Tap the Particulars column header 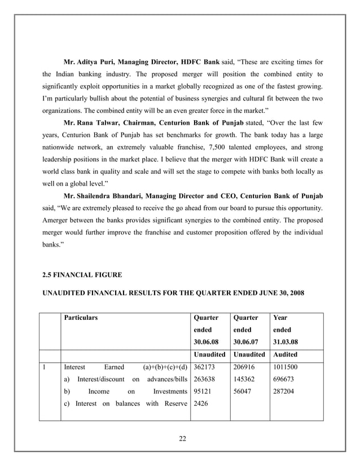pyautogui.click(x=81, y=318)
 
